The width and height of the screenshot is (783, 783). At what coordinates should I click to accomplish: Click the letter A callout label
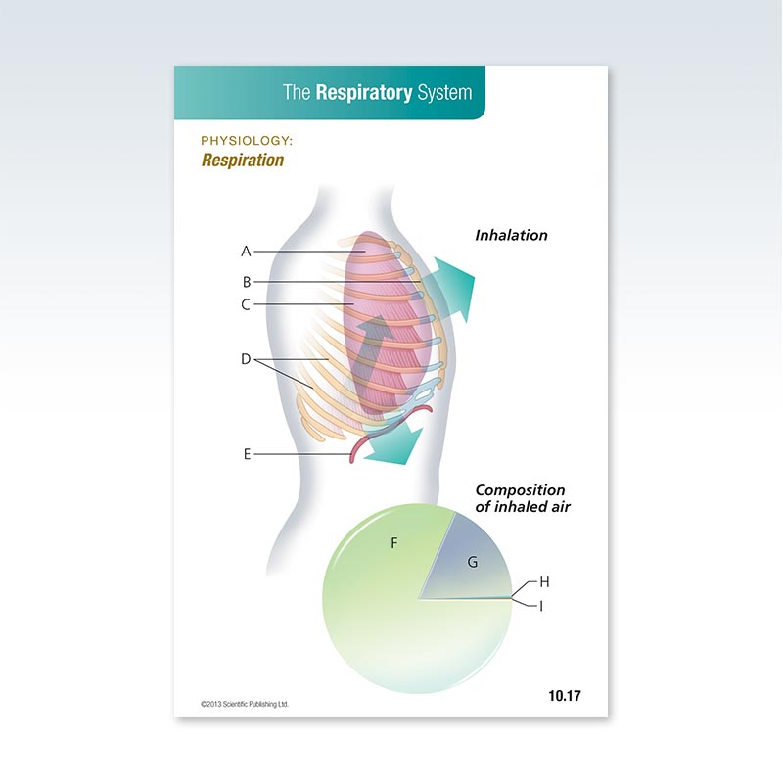tap(247, 252)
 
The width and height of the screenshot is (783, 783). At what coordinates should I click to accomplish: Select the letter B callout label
tap(247, 282)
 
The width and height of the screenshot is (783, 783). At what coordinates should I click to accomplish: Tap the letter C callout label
tap(247, 304)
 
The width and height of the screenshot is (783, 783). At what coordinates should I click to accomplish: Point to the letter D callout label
tap(246, 359)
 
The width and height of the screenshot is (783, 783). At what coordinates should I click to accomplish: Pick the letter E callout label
tap(247, 454)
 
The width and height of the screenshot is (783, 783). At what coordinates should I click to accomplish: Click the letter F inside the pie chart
tap(394, 542)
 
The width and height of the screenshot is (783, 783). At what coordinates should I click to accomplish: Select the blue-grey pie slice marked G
tap(471, 562)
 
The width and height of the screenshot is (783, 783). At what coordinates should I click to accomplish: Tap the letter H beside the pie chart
tap(544, 581)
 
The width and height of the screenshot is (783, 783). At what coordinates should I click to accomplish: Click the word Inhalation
tap(511, 236)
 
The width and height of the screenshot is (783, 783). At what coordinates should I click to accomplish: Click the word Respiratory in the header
tap(362, 93)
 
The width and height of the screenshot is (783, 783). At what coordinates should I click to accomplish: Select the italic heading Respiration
tap(243, 160)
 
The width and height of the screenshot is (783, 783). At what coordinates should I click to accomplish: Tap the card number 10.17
tap(565, 696)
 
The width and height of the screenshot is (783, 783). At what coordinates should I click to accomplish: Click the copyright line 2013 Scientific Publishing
tap(245, 703)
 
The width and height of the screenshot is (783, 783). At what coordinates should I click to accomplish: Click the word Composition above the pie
tap(520, 490)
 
